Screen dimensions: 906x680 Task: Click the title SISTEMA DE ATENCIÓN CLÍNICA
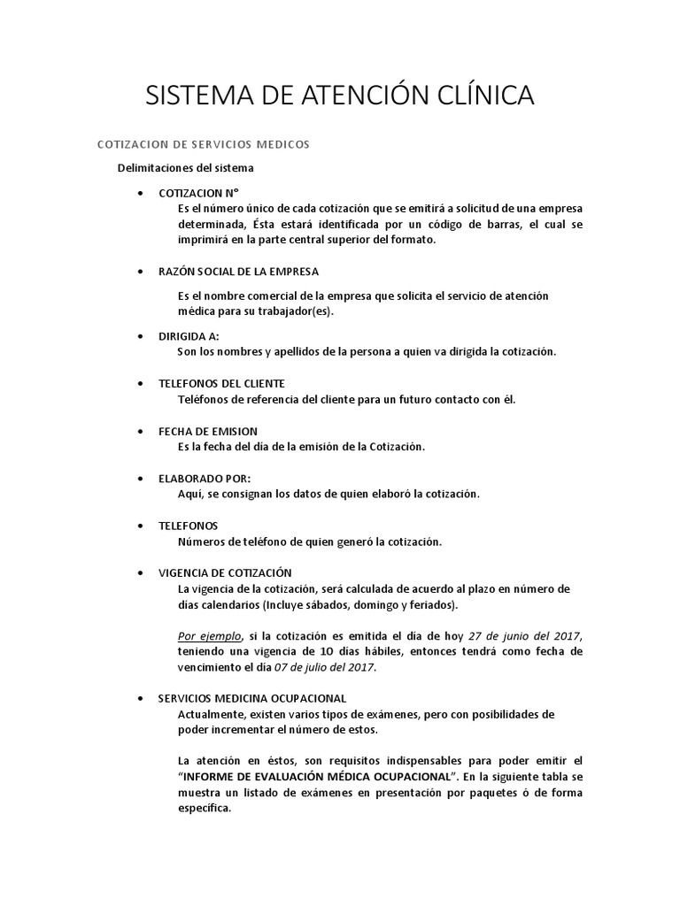tap(340, 96)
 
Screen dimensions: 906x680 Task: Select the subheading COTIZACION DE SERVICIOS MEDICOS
tap(202, 143)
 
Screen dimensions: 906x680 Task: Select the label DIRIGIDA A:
tap(189, 336)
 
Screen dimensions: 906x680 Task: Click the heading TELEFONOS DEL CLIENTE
tap(221, 383)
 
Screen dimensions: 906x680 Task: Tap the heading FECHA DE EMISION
tap(208, 431)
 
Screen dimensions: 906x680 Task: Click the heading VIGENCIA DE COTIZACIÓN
tap(225, 572)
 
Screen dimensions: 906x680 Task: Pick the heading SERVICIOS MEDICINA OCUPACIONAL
tap(252, 698)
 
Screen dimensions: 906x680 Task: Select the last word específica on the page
tap(204, 808)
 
